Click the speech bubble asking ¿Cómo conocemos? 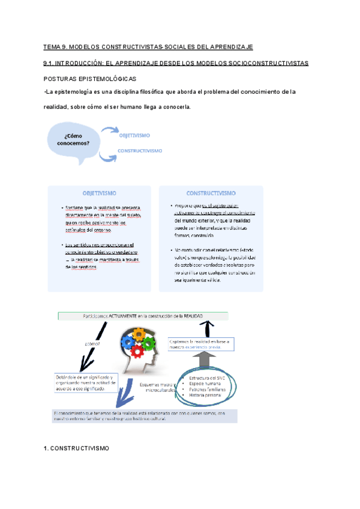71,139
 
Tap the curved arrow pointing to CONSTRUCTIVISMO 108,155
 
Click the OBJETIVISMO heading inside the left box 99,193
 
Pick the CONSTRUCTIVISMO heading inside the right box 211,193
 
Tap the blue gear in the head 128,342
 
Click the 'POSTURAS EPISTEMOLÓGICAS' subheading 91,79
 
